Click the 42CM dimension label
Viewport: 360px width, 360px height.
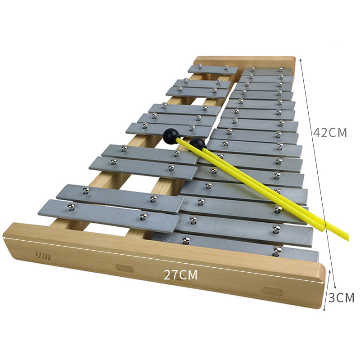(x=330, y=132)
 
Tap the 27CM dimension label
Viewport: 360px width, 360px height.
(x=180, y=274)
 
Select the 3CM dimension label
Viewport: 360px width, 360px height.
(x=342, y=297)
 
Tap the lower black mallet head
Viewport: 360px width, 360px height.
(x=198, y=144)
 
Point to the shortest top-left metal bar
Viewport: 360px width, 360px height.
(x=213, y=69)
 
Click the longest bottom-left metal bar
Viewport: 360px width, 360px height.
(x=109, y=216)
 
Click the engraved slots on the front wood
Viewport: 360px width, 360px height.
(x=43, y=256)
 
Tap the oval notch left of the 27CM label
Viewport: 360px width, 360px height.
(x=125, y=268)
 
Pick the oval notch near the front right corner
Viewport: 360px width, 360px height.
(x=273, y=291)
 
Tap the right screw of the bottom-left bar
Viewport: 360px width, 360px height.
(x=144, y=216)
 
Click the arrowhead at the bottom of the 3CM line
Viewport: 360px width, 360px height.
(x=324, y=310)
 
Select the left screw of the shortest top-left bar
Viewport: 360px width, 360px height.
(x=200, y=66)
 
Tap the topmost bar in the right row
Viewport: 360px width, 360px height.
(x=267, y=71)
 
